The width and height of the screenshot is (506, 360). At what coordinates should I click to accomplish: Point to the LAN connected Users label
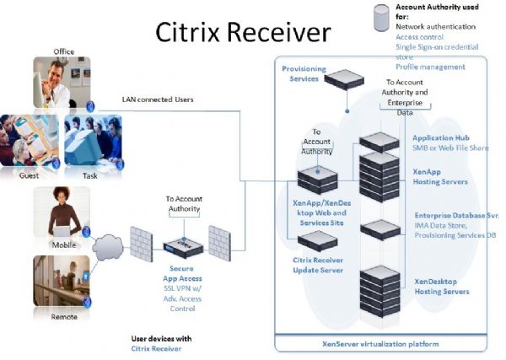159,99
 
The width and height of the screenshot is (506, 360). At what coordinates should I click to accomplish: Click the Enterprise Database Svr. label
456,217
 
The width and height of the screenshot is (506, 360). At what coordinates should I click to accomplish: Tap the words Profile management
430,67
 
